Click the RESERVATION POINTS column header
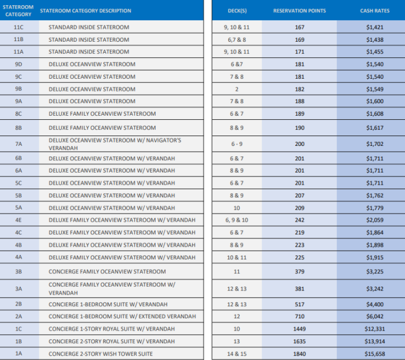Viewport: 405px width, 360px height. [299, 11]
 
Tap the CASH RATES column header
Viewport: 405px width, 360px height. [375, 11]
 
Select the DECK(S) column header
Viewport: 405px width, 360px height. [237, 11]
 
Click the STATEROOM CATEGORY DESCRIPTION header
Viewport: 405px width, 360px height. [86, 11]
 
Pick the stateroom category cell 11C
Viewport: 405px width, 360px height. [19, 27]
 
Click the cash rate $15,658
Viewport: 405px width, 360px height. [375, 354]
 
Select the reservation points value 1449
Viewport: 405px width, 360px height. [299, 329]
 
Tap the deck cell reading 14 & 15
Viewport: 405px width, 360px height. [237, 354]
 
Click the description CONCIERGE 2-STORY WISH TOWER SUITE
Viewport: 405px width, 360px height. [101, 354]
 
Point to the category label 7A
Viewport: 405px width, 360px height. [19, 144]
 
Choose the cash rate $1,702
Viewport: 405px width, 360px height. [375, 144]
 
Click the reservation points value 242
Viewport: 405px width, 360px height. [300, 220]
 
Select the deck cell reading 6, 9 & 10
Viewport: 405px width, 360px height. [237, 220]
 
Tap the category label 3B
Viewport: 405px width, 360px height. [19, 271]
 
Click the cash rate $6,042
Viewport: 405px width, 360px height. [375, 317]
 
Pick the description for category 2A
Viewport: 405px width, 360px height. [122, 317]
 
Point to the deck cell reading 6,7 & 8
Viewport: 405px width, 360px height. [237, 39]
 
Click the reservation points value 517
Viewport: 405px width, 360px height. [300, 304]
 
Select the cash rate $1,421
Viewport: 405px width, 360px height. [375, 27]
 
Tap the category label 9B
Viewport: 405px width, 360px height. [19, 89]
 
